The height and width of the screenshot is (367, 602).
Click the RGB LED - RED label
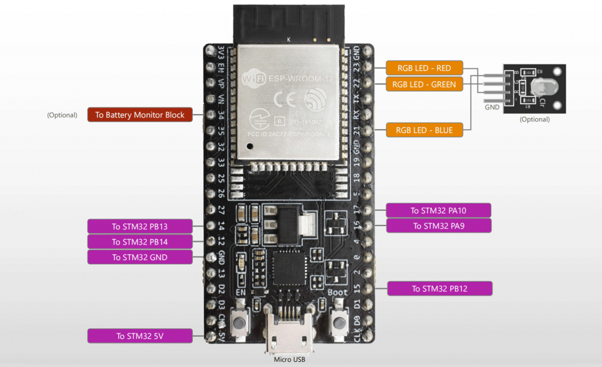(x=424, y=68)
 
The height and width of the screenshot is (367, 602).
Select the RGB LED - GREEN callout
(x=424, y=85)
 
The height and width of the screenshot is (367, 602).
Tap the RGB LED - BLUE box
(x=424, y=130)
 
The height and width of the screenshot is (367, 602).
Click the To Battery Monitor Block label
(x=140, y=115)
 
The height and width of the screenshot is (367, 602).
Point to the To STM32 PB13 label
(x=140, y=226)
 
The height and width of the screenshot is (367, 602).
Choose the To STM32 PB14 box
(x=140, y=241)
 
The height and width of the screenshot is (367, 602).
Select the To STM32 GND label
(x=140, y=257)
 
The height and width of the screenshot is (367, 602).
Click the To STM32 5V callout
(x=140, y=336)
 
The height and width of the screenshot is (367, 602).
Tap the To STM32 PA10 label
(x=439, y=210)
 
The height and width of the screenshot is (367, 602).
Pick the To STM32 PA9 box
(x=439, y=226)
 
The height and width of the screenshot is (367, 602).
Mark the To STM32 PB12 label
(x=439, y=288)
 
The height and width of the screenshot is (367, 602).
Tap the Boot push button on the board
(x=338, y=321)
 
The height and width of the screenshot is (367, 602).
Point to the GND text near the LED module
(x=492, y=107)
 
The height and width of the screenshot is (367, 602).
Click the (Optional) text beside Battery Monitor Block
(x=62, y=115)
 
